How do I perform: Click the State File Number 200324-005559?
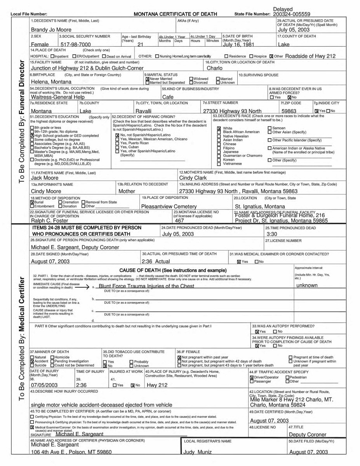point(292,14)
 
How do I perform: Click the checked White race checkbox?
point(219,128)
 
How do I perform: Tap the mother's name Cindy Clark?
point(193,178)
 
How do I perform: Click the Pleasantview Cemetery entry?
point(169,207)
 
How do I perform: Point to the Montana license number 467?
point(179,221)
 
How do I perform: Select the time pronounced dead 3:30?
point(271,235)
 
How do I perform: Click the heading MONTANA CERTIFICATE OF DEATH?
point(175,14)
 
